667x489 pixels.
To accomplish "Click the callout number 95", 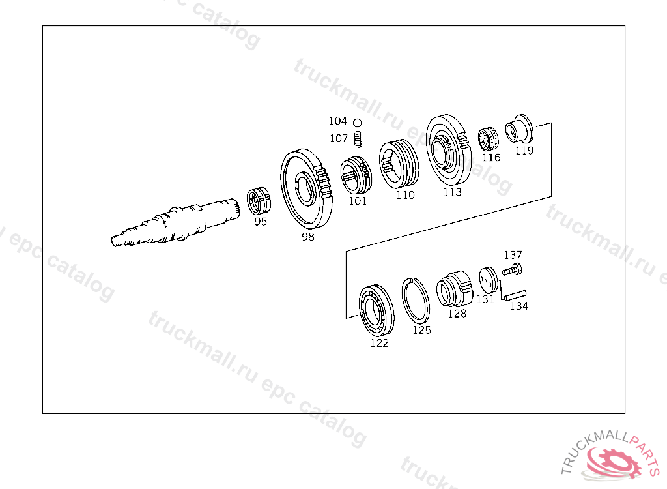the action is pyautogui.click(x=261, y=222).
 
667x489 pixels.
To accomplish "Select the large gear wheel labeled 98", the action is pyautogui.click(x=305, y=188).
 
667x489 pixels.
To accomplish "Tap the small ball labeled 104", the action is pyautogui.click(x=358, y=123).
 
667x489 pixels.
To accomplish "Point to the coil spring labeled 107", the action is pyautogui.click(x=358, y=139).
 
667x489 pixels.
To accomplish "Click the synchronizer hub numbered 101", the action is pyautogui.click(x=356, y=174).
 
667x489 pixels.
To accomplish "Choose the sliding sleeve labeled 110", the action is pyautogui.click(x=399, y=164).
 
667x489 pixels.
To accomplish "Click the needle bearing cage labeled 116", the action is pyautogui.click(x=488, y=140).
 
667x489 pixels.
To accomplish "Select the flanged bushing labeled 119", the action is pyautogui.click(x=519, y=128).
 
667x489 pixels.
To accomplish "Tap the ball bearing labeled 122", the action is pyautogui.click(x=376, y=310).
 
